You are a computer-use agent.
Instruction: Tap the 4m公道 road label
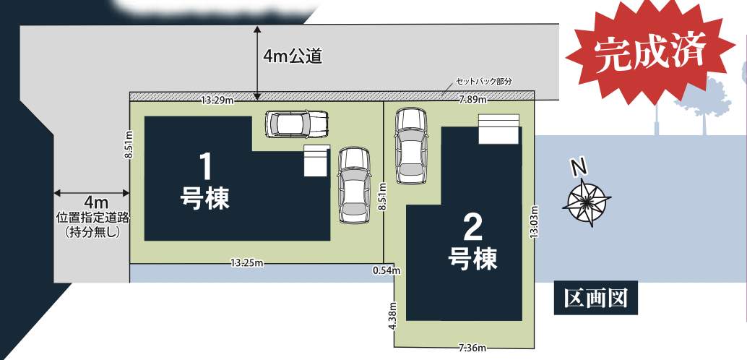(293, 56)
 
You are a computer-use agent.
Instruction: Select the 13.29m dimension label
(217, 100)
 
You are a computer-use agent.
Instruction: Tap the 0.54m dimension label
(387, 271)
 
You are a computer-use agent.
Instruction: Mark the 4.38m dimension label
(392, 316)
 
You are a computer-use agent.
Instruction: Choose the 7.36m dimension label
(472, 348)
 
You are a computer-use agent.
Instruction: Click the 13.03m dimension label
(535, 221)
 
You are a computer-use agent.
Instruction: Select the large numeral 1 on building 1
(205, 167)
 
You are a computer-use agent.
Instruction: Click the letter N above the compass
(579, 168)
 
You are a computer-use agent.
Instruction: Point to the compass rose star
(587, 202)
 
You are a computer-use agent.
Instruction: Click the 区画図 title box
(595, 299)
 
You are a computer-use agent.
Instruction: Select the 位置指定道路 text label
(92, 218)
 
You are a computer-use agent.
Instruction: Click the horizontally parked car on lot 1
(297, 124)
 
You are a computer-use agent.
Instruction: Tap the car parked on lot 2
(410, 145)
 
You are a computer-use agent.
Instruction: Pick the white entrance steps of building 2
(498, 128)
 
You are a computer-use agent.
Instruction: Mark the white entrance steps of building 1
(316, 160)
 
